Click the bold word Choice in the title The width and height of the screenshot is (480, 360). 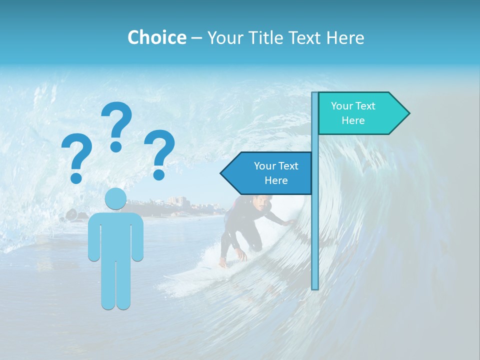[156, 37]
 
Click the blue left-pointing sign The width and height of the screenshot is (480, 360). [267, 173]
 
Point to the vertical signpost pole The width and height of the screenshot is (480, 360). [315, 240]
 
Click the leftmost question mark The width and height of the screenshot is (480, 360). [76, 155]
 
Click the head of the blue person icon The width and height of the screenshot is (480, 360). [115, 199]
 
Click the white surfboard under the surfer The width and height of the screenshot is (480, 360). [200, 272]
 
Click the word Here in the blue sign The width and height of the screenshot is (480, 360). [276, 180]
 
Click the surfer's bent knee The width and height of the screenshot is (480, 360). [255, 245]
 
